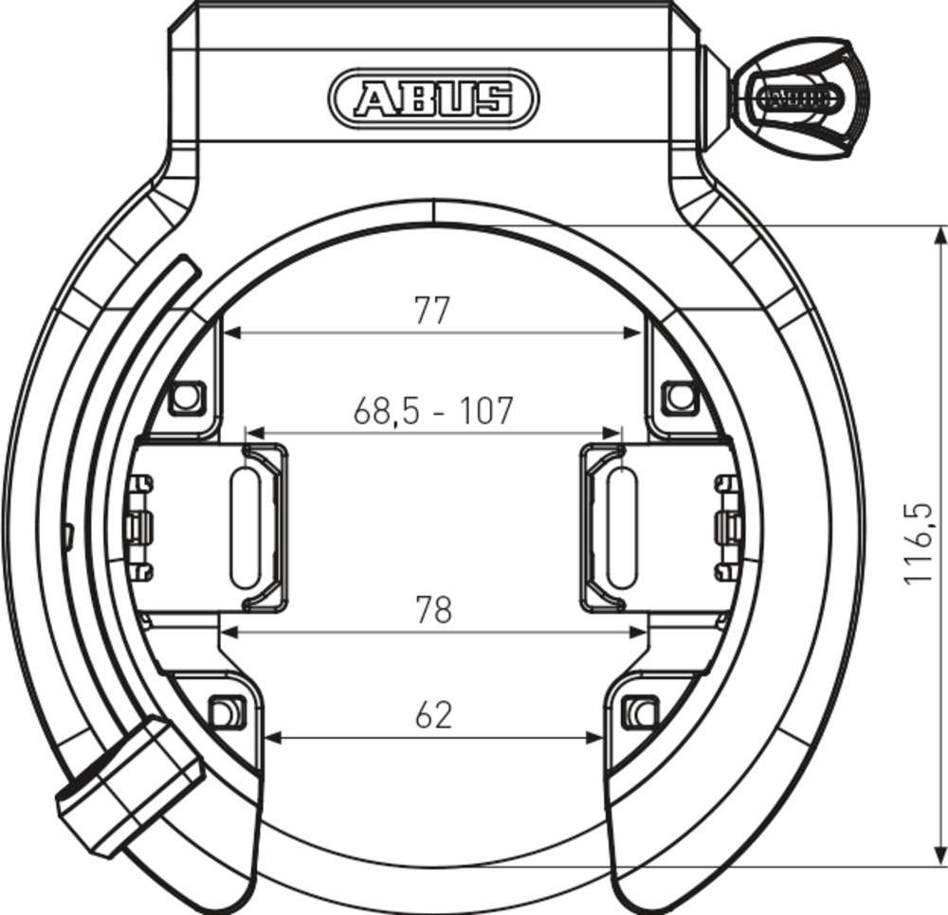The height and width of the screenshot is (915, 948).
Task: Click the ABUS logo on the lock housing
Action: tap(433, 98)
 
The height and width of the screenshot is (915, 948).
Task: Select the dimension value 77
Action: tap(431, 311)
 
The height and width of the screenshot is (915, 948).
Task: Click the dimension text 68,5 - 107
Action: tap(432, 410)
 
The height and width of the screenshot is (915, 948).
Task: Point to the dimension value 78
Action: tap(433, 611)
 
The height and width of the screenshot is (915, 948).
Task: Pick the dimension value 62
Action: tap(433, 715)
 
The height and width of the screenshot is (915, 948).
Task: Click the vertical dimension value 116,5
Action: tap(917, 544)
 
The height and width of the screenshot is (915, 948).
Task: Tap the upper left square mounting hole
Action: tap(188, 395)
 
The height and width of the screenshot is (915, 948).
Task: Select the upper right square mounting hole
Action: tap(679, 395)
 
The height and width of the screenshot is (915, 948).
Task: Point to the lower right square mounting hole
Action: tap(641, 709)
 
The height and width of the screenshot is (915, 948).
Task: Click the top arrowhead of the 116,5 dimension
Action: tap(938, 236)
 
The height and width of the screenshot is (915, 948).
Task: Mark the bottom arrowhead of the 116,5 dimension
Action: tap(938, 856)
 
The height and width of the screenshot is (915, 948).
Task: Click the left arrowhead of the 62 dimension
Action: tap(273, 736)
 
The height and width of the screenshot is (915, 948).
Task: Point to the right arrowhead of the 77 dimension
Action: tap(634, 332)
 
